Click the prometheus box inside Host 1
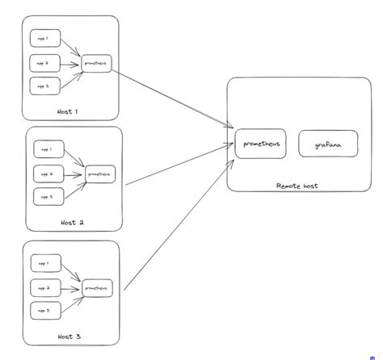coord(96,63)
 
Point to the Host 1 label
coord(69,111)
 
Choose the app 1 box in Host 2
coord(46,149)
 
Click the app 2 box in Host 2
coord(46,173)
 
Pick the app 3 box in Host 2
coord(46,196)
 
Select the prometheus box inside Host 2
coord(99,173)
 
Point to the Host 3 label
coord(69,336)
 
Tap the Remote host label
coord(297,186)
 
